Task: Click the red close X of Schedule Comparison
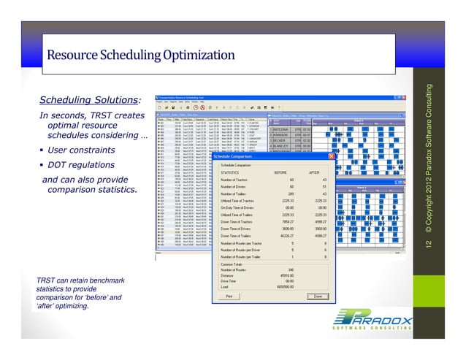[x=332, y=156]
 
